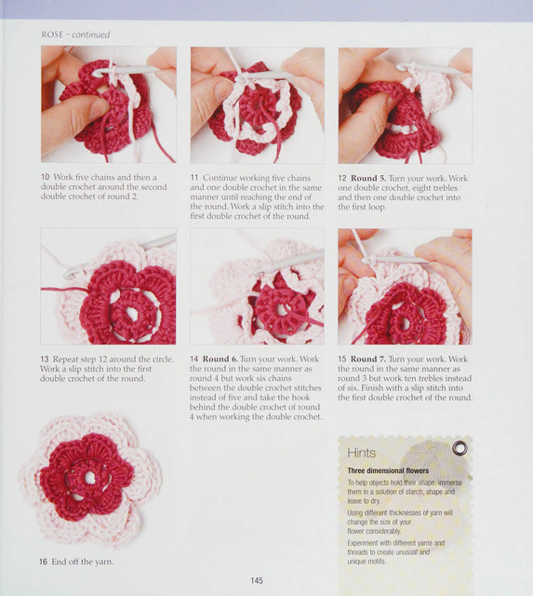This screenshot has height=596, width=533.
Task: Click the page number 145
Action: (257, 580)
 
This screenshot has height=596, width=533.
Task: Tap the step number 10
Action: (46, 177)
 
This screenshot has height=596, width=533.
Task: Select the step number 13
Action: (45, 359)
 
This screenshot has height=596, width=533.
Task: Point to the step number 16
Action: (44, 562)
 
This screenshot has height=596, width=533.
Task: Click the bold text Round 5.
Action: (368, 178)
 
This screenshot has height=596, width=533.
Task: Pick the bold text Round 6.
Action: (220, 359)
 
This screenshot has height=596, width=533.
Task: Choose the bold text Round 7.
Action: (367, 359)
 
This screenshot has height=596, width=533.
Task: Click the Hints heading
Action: (362, 453)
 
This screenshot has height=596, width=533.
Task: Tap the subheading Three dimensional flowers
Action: (388, 470)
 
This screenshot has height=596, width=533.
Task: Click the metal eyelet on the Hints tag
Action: (460, 449)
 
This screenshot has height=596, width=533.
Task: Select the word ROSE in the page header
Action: (52, 34)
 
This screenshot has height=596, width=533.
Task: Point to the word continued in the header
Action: (91, 34)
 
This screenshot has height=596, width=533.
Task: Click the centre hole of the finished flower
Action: (90, 478)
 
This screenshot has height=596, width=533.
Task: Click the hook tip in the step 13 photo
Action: (69, 274)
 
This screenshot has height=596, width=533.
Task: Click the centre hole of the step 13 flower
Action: (131, 313)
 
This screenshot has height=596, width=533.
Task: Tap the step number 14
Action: (194, 359)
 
